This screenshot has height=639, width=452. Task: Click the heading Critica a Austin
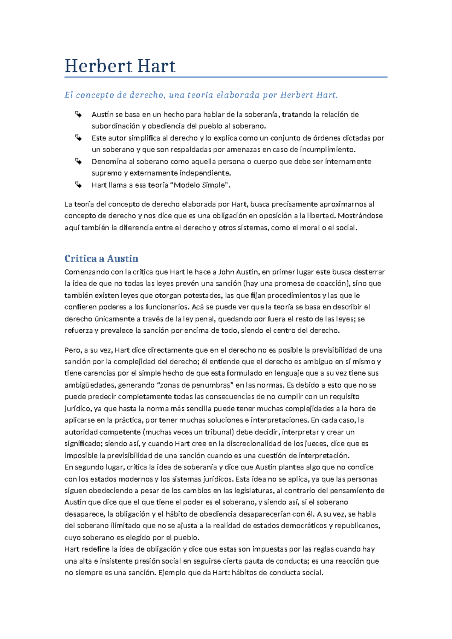point(101,258)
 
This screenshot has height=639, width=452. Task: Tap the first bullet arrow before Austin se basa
point(78,114)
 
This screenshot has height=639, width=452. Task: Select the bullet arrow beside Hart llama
point(78,185)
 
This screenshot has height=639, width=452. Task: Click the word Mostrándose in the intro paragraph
point(360,216)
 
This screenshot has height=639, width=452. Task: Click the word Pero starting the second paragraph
point(72,350)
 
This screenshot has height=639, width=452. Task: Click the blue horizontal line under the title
point(226,77)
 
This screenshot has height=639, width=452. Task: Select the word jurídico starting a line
point(77,408)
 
